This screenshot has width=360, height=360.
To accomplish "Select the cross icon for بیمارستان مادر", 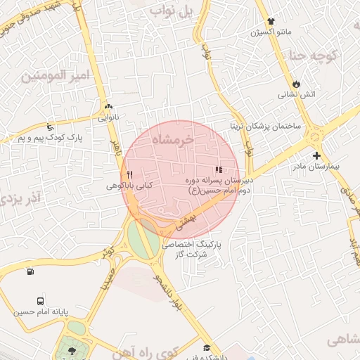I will pos(316,156).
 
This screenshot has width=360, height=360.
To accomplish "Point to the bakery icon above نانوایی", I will pos(108,106).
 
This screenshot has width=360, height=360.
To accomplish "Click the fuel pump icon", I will pos(30,272).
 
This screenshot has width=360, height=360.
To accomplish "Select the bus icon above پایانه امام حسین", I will pos(40,300).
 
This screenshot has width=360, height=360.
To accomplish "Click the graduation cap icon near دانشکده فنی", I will pos(207,347).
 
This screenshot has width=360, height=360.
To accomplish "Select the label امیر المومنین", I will pos(63,75).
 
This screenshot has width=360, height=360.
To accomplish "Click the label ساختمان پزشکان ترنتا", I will pos(266,126).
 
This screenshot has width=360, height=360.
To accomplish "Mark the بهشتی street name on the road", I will pos(188,223).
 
